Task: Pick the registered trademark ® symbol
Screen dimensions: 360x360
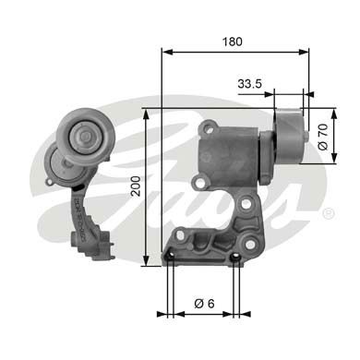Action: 329,212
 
